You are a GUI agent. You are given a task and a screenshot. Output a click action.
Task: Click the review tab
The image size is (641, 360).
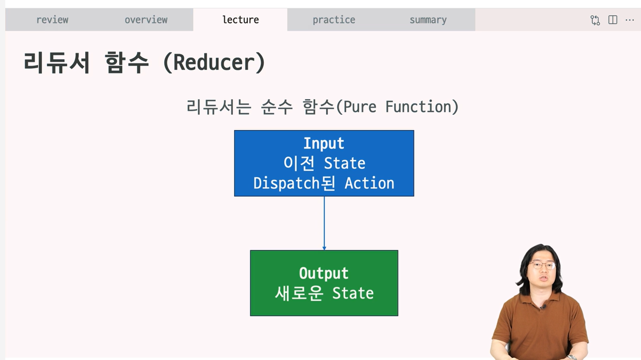52,20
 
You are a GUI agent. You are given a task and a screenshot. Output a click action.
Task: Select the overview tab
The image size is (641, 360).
146,20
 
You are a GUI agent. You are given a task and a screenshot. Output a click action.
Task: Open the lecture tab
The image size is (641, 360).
240,20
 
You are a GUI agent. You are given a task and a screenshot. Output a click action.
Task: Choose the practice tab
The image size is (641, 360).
334,20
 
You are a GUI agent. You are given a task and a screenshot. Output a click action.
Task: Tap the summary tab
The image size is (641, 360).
428,20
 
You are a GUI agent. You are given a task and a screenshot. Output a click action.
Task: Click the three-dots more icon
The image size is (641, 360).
629,20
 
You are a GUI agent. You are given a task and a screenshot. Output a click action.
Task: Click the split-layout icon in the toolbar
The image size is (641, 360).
613,20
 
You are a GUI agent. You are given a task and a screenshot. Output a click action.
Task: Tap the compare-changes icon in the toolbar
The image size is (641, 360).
595,20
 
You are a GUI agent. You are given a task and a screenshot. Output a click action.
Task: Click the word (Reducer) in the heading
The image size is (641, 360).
214,63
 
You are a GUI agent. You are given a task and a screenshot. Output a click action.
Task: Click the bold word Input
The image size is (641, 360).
324,143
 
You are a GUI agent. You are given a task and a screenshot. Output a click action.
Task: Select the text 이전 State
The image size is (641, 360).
324,163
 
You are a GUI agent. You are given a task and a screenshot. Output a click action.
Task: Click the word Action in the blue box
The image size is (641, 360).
369,183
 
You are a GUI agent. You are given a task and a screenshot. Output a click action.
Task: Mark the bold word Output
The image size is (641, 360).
324,273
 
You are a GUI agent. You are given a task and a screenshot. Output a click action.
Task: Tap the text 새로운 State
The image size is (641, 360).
324,293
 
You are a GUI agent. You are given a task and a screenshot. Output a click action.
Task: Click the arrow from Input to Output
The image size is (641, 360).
324,223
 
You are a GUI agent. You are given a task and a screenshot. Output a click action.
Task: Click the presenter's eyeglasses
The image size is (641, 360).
541,266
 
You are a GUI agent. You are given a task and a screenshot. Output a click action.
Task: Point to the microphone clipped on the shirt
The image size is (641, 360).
544,307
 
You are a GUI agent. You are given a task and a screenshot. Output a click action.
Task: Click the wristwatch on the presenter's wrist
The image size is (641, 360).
571,357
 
